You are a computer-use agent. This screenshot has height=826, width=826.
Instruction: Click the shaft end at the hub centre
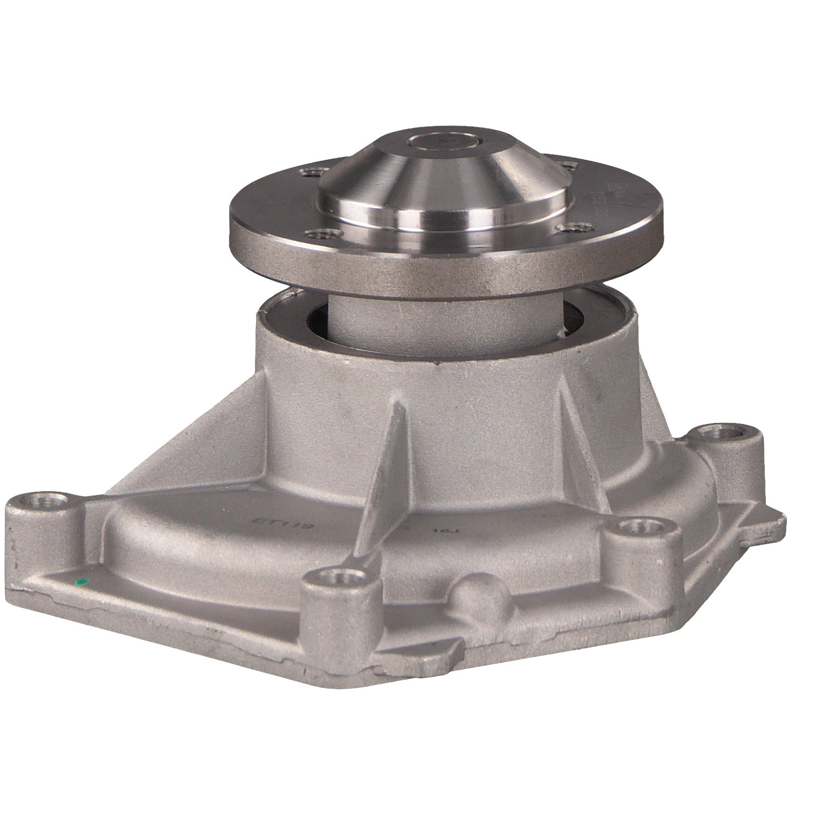[x=443, y=142]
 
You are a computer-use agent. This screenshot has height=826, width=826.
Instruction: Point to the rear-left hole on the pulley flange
[x=310, y=173]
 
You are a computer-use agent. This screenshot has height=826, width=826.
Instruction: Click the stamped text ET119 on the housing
[x=281, y=523]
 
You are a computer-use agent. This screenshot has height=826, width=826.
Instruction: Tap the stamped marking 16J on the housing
[x=441, y=531]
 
